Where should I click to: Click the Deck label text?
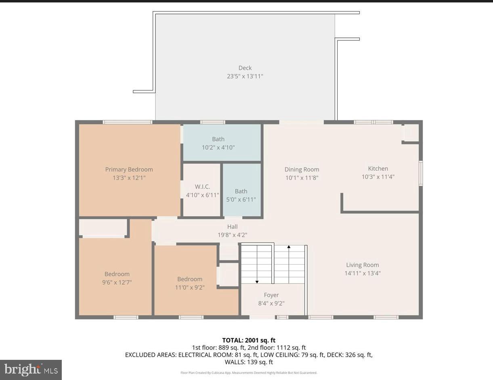[x=245, y=68]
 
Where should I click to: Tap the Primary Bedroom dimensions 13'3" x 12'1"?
[x=129, y=177]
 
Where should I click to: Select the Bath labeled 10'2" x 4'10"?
[x=218, y=143]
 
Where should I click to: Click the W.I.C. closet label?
[x=202, y=187]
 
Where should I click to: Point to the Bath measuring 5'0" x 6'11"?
[x=241, y=195]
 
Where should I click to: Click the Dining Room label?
[x=302, y=169]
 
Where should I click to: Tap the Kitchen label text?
[x=378, y=169]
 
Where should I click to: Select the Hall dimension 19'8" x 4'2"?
[x=232, y=235]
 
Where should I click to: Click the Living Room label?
[x=362, y=265]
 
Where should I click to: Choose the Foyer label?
[x=271, y=295]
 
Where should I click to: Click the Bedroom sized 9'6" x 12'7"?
[x=117, y=278]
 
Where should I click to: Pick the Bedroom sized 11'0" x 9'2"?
[x=189, y=283]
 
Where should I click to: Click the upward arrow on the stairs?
[x=289, y=247]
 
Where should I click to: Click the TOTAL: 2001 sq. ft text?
[x=249, y=340]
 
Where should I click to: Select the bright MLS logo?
[x=31, y=370]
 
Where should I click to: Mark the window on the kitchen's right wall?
[x=420, y=173]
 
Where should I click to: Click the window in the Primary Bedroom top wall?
[x=127, y=122]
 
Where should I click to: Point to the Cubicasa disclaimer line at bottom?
[x=249, y=373]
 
